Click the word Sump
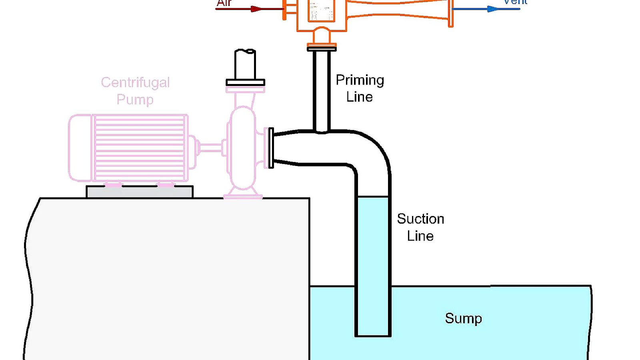click(463, 318)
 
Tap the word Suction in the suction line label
click(420, 219)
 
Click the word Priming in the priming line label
click(360, 80)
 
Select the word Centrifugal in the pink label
click(135, 82)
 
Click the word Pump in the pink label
click(135, 99)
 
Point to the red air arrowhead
click(256, 9)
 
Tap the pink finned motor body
click(140, 148)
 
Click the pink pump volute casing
click(242, 148)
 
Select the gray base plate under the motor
click(140, 192)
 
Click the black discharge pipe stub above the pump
click(245, 64)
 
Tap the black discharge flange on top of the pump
click(245, 82)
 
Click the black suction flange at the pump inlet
click(271, 148)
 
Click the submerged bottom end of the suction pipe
click(373, 334)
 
